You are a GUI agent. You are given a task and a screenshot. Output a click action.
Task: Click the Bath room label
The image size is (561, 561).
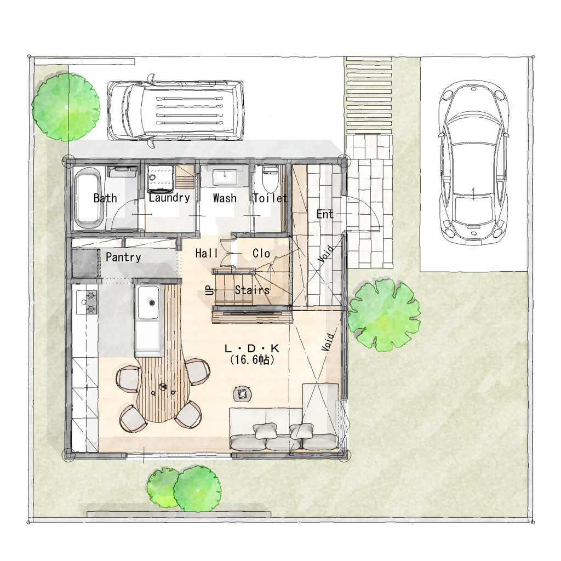105,198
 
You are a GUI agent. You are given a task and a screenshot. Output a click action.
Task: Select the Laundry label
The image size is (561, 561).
169,198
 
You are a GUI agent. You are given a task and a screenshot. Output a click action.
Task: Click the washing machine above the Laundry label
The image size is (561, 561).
161,177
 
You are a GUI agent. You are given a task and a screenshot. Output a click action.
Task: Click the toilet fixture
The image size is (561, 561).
270,179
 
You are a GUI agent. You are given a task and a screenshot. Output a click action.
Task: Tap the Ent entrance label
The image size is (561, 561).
325,214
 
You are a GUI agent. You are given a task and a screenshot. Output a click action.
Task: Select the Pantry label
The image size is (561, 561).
123,257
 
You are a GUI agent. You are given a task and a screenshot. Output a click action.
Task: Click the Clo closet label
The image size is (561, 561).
261,253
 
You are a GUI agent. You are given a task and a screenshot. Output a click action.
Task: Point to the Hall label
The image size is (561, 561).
207,253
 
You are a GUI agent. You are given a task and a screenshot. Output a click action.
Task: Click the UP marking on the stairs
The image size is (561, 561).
210,290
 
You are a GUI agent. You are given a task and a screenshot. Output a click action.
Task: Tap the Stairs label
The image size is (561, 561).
252,290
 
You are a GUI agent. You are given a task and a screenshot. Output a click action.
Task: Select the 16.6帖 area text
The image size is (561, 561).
252,359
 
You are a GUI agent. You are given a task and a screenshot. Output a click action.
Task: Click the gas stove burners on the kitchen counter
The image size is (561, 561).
91,302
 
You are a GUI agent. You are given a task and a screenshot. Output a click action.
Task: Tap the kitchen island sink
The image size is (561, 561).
148,302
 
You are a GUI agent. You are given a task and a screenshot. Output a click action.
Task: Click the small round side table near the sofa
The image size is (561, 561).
243,393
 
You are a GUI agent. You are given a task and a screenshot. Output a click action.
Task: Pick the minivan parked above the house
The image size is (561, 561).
175,110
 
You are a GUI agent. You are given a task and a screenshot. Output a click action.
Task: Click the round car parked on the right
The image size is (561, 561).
473,163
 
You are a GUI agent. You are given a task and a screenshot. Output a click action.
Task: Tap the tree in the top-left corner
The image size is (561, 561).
66,107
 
